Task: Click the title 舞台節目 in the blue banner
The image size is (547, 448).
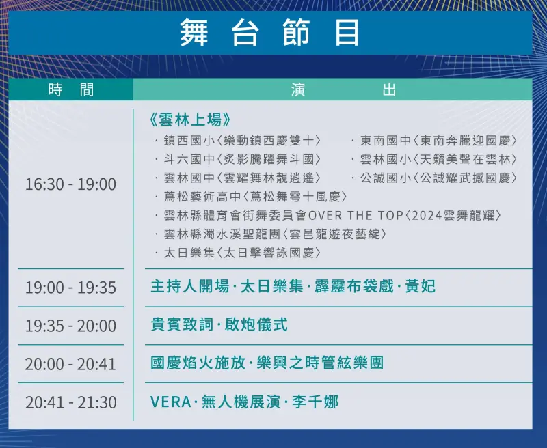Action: click(269, 32)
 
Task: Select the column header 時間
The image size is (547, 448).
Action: click(71, 90)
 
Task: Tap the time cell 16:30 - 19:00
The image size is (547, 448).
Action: click(70, 184)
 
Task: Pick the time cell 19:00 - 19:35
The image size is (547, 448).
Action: click(70, 288)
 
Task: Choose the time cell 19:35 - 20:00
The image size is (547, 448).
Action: click(70, 326)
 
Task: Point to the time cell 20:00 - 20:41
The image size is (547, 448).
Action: click(70, 364)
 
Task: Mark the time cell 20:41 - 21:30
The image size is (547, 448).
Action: click(70, 402)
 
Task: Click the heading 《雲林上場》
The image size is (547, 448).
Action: click(189, 120)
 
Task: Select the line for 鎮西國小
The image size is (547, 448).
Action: click(238, 141)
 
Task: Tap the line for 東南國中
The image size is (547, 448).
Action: click(435, 141)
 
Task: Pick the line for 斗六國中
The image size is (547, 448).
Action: click(238, 160)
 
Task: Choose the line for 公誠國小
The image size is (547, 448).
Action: click(435, 178)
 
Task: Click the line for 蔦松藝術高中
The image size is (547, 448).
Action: click(252, 197)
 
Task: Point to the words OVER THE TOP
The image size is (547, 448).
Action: click(356, 216)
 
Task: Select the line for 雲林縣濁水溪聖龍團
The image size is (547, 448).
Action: click(271, 234)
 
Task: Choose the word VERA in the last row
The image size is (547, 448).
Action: click(170, 402)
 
